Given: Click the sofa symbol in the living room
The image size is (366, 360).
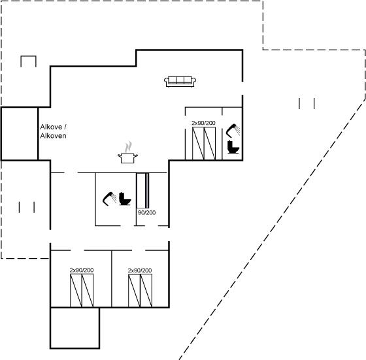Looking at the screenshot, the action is (x=180, y=82).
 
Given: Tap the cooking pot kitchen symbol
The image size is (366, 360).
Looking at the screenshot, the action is (x=127, y=158).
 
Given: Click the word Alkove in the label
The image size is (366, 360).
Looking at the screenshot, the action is (x=51, y=127).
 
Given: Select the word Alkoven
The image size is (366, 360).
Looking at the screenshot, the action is (x=53, y=136).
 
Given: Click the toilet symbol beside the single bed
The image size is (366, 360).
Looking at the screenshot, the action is (x=125, y=199).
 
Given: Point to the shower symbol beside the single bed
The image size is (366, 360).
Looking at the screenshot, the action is (x=109, y=199).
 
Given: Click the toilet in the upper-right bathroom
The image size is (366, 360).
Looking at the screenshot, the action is (x=233, y=147).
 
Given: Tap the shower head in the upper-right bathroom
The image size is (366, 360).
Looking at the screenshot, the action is (x=233, y=131).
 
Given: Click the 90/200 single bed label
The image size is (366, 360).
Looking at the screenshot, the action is (x=146, y=212).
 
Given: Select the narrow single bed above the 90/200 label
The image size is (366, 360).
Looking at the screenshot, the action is (x=142, y=191).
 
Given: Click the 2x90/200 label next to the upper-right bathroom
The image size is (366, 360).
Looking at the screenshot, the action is (x=203, y=123).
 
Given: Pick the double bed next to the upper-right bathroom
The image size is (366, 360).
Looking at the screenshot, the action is (x=204, y=144).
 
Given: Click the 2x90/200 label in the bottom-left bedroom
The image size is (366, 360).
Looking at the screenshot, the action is (x=82, y=270).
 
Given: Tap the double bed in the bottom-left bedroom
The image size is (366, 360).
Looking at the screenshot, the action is (x=82, y=291).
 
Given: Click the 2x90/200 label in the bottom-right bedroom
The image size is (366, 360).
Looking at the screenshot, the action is (x=140, y=270).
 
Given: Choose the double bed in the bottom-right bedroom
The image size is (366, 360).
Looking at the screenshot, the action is (x=140, y=291).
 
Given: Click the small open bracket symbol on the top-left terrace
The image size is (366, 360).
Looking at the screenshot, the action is (x=29, y=56).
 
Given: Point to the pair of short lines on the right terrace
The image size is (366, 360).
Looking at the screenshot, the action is (x=307, y=103).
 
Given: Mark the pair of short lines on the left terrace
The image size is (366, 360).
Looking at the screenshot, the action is (x=27, y=207).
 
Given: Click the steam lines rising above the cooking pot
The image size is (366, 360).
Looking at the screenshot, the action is (x=128, y=147).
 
